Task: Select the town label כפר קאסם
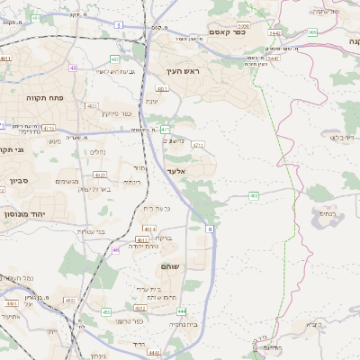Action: point(228,31)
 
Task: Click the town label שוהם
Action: point(169,266)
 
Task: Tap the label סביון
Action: point(20,181)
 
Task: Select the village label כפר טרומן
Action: point(130,320)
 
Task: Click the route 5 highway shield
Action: point(119,25)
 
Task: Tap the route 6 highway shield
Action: point(211,230)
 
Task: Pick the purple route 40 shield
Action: point(74,67)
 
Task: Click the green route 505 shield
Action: point(311,32)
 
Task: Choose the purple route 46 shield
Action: point(115,250)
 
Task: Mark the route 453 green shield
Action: point(106,311)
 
